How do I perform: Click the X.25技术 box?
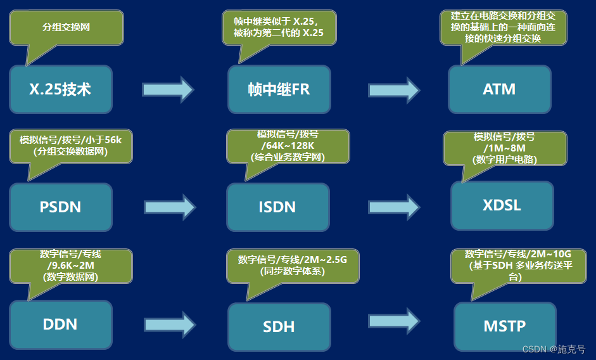(x=61, y=89)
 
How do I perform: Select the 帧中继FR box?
(x=279, y=89)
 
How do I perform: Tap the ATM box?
(x=499, y=89)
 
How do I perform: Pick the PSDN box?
(x=61, y=207)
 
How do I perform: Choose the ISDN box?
(x=277, y=207)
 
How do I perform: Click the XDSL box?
(x=502, y=205)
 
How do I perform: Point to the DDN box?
(x=61, y=325)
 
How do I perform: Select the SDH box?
(x=279, y=326)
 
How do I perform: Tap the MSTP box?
(x=504, y=326)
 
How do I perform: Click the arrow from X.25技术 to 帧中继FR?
(x=168, y=89)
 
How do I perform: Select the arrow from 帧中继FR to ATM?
(x=394, y=89)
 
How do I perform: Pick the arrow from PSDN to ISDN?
(x=170, y=207)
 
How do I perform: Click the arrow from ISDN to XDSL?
(x=394, y=207)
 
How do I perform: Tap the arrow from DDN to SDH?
(x=170, y=325)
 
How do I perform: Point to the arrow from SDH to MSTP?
(x=394, y=321)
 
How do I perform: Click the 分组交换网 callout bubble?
(x=66, y=27)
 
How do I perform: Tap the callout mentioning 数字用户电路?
(x=505, y=148)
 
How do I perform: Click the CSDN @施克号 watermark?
(x=554, y=349)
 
